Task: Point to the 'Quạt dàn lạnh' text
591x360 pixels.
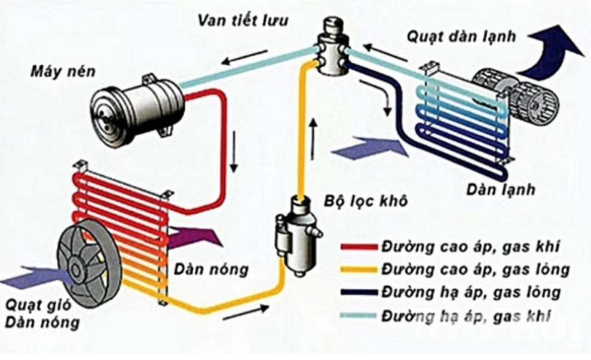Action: pos(461,35)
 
